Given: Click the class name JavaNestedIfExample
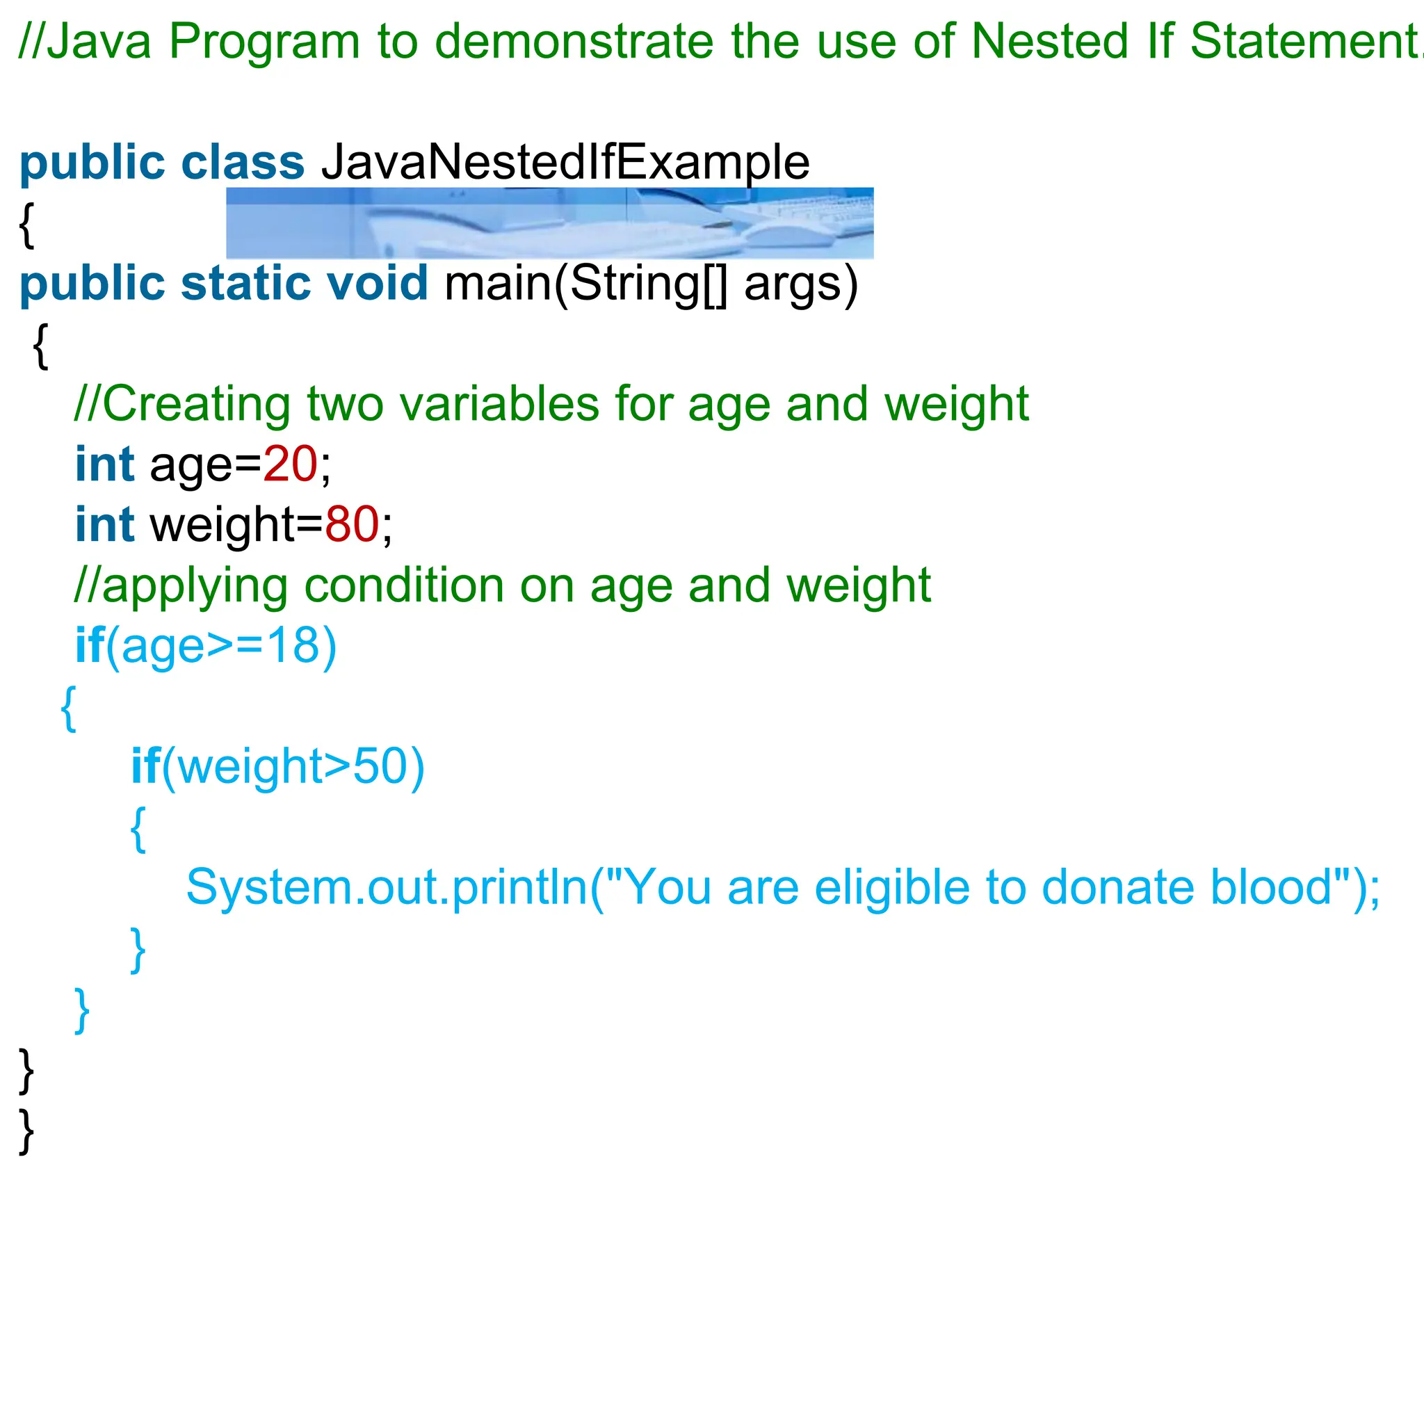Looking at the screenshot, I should click(x=565, y=162).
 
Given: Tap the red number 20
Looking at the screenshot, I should click(x=290, y=464).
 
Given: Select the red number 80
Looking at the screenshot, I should click(x=352, y=525).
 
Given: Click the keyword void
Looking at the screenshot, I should click(x=377, y=283).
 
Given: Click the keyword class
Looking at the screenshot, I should click(x=243, y=162).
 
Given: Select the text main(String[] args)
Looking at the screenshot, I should click(x=651, y=284).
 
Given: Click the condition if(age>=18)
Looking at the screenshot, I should click(x=206, y=646).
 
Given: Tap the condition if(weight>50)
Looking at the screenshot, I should click(x=278, y=766).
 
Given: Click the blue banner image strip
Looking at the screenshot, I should click(x=549, y=222).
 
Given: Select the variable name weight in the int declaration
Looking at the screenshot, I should click(x=222, y=525).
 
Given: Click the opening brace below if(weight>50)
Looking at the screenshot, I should click(x=138, y=828).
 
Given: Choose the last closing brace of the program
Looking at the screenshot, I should click(x=26, y=1131).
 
